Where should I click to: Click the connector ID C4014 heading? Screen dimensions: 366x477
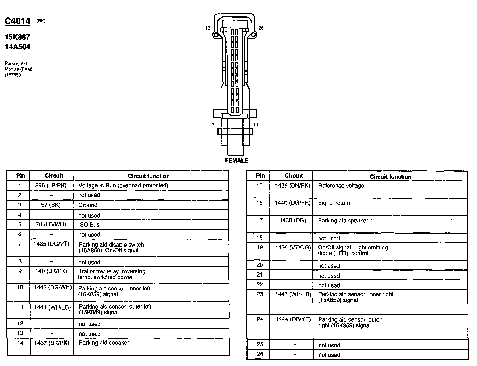18,21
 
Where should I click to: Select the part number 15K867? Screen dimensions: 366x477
17,37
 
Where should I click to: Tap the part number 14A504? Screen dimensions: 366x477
18,47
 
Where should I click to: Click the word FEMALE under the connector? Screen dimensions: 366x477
236,160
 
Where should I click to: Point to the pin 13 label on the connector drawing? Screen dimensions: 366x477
208,28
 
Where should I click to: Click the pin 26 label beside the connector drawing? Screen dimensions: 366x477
261,28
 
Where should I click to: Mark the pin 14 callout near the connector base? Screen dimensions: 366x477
256,124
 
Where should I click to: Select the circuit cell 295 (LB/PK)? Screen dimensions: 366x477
51,185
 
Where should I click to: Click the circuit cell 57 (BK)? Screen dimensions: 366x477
51,205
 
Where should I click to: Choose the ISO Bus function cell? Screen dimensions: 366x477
89,224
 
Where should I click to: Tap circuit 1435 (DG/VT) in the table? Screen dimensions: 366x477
51,244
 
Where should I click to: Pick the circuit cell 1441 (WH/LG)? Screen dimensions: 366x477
52,307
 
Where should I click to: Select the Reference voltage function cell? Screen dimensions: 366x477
341,186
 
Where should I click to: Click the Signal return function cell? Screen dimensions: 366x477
334,203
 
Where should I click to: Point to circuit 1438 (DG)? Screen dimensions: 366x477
292,220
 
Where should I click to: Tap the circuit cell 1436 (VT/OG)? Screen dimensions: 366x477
293,247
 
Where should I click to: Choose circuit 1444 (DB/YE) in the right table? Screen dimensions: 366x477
293,319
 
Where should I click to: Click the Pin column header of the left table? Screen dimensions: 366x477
21,176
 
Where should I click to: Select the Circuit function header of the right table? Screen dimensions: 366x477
390,177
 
